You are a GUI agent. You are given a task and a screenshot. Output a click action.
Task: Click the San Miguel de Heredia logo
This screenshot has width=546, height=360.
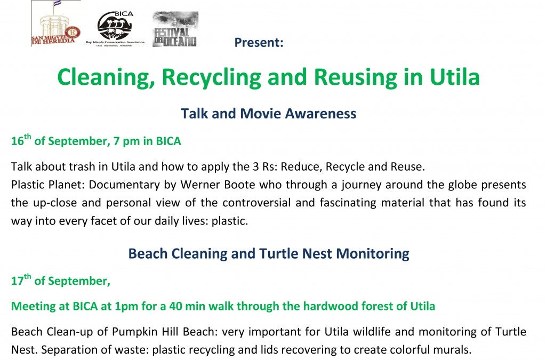tap(56, 23)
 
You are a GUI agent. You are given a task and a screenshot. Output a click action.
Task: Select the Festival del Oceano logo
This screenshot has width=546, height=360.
tap(175, 29)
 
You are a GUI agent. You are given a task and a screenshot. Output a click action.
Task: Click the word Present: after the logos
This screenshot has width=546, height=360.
tap(259, 43)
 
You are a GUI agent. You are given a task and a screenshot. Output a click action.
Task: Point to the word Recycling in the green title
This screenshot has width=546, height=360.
tap(211, 77)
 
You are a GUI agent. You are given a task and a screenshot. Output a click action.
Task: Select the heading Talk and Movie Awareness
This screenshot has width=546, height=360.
tap(269, 114)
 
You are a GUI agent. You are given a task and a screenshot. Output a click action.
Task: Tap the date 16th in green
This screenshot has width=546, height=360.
tap(21, 140)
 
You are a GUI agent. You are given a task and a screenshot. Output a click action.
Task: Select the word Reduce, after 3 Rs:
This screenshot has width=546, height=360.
tap(301, 167)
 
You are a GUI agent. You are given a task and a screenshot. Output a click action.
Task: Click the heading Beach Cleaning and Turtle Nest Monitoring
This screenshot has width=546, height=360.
tap(269, 253)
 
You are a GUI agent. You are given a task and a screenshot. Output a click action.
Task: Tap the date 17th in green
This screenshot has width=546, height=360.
tap(21, 280)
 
